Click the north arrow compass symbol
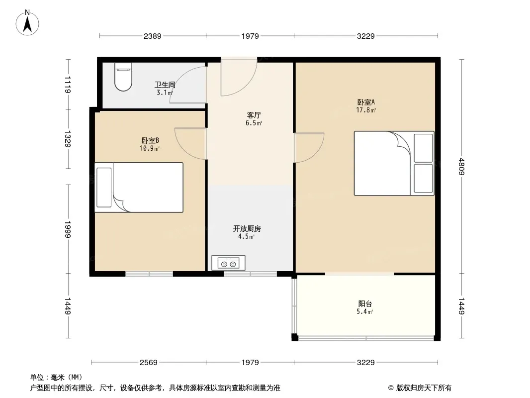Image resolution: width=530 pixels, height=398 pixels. (27, 23)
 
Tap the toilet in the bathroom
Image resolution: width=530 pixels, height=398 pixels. (123, 77)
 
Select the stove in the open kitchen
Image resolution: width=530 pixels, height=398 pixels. (228, 263)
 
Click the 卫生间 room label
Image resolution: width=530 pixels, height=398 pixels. (165, 85)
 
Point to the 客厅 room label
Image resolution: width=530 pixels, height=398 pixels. (254, 115)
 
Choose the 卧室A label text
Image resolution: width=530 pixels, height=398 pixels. (366, 102)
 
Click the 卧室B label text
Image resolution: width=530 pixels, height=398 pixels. (150, 140)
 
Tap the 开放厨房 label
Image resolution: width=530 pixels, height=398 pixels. (247, 228)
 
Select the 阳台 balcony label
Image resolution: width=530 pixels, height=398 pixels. (365, 303)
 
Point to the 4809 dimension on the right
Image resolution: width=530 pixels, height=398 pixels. (461, 166)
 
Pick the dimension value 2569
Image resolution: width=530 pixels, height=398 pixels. (148, 363)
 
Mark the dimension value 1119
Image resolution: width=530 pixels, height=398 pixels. (68, 85)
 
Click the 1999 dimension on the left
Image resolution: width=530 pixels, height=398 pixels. (68, 230)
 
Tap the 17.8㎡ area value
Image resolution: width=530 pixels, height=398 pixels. (366, 110)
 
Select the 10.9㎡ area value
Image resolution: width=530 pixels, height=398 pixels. (150, 148)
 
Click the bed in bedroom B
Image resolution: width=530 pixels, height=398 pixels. (139, 188)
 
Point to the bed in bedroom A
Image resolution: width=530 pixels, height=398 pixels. (394, 163)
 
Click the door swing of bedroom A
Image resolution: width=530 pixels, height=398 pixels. (309, 148)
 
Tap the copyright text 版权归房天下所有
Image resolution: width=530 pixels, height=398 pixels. (424, 388)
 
